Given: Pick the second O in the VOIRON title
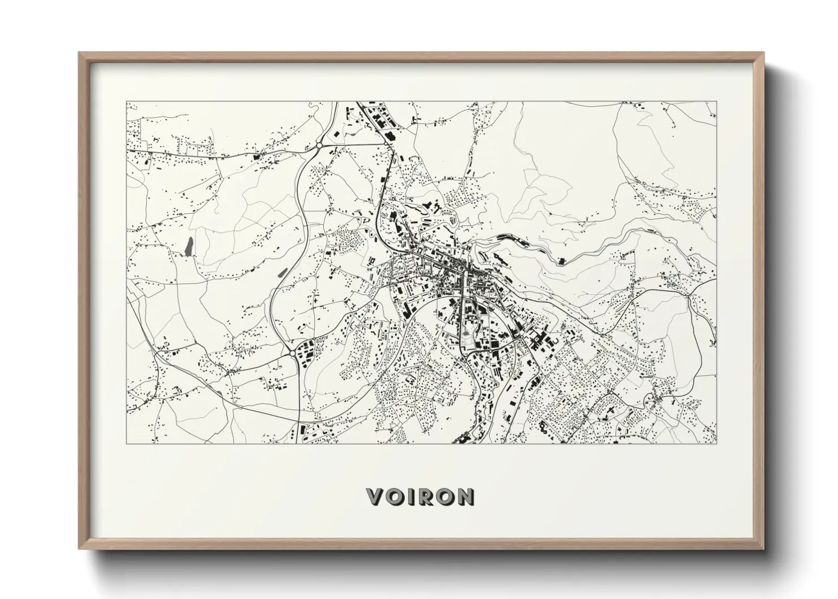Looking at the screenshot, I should [x=444, y=497].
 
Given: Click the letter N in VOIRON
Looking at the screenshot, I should [x=465, y=497].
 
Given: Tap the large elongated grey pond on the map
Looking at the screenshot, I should [x=189, y=246].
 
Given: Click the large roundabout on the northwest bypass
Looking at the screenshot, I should [x=319, y=146].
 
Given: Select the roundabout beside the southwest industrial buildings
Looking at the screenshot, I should [x=292, y=353].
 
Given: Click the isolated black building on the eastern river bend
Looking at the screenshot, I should [x=562, y=261].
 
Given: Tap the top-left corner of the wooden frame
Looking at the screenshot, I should [x=80, y=53].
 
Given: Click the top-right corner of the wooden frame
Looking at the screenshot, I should [x=764, y=53].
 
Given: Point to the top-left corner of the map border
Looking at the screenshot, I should [x=126, y=102].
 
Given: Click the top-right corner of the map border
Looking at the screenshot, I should [x=717, y=102].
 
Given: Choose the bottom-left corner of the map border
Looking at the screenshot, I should [x=126, y=443].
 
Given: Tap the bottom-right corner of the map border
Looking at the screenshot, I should [x=717, y=443].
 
